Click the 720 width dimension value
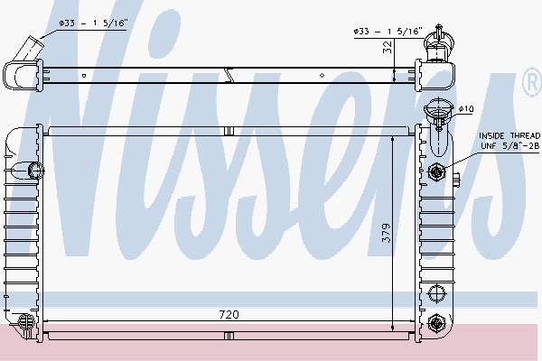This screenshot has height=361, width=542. click(229, 314)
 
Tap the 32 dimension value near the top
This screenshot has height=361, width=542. click(388, 47)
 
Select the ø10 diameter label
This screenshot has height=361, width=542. click(466, 109)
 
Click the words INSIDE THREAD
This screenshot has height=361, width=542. click(509, 135)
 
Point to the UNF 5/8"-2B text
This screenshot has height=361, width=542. click(509, 146)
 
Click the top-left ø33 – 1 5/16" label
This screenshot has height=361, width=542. click(93, 23)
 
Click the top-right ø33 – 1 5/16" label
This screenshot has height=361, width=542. click(388, 32)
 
